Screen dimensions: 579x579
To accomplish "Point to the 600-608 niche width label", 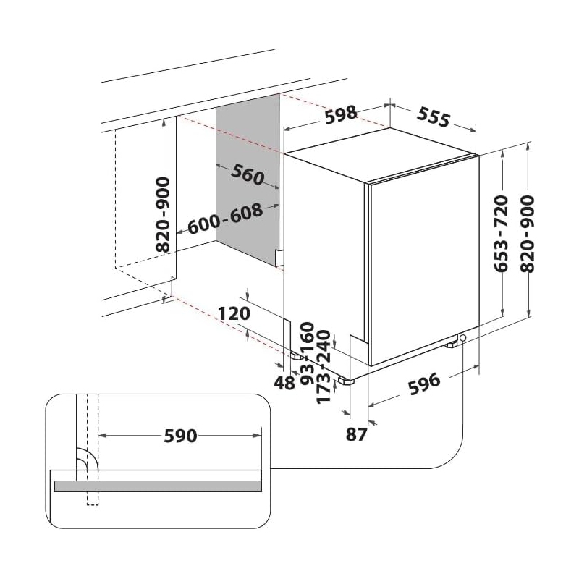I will coord(225,219).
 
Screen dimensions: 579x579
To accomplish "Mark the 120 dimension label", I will coord(233,314).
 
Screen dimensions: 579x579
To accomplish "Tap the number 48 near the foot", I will coord(285,383).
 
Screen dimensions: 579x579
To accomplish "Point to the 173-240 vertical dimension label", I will coord(324,376).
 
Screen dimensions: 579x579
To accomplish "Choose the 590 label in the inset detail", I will coord(180,436).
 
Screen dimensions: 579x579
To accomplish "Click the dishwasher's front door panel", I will coord(424,271).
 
